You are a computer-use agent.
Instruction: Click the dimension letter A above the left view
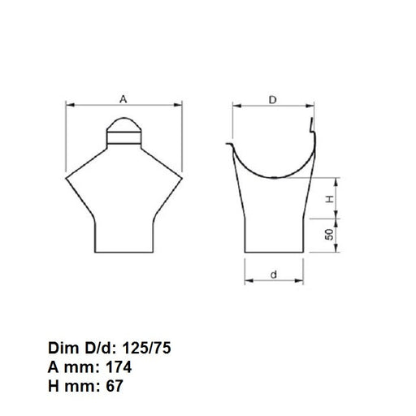pyautogui.click(x=123, y=98)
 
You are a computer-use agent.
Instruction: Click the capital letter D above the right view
pyautogui.click(x=274, y=99)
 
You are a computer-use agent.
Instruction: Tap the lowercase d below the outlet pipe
pyautogui.click(x=274, y=274)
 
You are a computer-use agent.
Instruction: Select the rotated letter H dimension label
pyautogui.click(x=330, y=200)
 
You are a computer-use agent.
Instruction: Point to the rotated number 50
pyautogui.click(x=330, y=235)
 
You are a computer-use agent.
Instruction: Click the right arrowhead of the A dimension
pyautogui.click(x=180, y=106)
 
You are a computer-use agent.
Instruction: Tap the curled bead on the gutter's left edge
pyautogui.click(x=230, y=143)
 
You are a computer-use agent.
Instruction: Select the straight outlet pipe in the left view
pyautogui.click(x=123, y=232)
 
